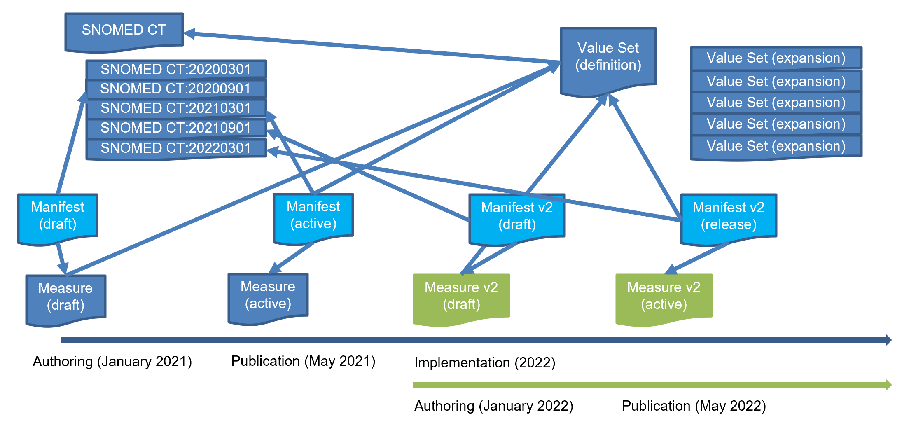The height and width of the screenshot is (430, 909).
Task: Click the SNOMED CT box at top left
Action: pos(124,30)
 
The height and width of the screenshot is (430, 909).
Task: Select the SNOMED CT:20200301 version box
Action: pos(176,69)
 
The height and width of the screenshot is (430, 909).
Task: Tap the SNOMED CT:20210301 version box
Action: pos(176,108)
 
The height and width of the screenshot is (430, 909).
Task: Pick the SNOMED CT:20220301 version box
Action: pos(176,148)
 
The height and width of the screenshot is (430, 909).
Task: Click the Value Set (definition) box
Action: pos(608,58)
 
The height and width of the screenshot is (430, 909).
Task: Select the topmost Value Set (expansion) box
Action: pos(776,58)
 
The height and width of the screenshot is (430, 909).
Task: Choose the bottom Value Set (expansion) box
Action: pos(776,146)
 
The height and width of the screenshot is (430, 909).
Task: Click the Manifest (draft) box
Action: pos(58,216)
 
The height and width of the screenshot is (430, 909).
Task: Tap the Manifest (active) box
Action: pos(313,215)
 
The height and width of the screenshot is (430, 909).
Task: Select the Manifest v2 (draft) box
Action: pos(517,216)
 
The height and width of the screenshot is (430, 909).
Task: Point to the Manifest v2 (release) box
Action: pos(728,216)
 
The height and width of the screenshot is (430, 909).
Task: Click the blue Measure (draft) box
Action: pos(65,297)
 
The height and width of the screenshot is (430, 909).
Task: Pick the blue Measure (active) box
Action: pos(268,295)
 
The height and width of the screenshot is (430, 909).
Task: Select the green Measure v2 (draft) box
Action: pos(461,296)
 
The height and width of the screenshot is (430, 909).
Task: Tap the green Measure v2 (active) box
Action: pos(664,296)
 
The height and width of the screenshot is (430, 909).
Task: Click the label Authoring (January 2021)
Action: pos(112,362)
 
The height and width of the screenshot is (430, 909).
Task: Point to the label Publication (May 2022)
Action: pos(694,406)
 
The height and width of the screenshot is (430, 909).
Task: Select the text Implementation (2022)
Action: pos(485,363)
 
